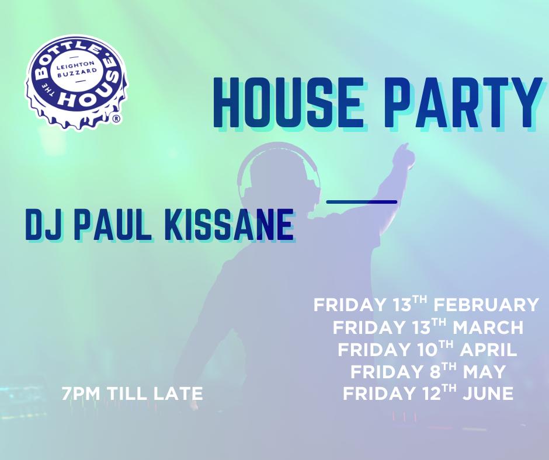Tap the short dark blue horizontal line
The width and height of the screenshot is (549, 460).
362,201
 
